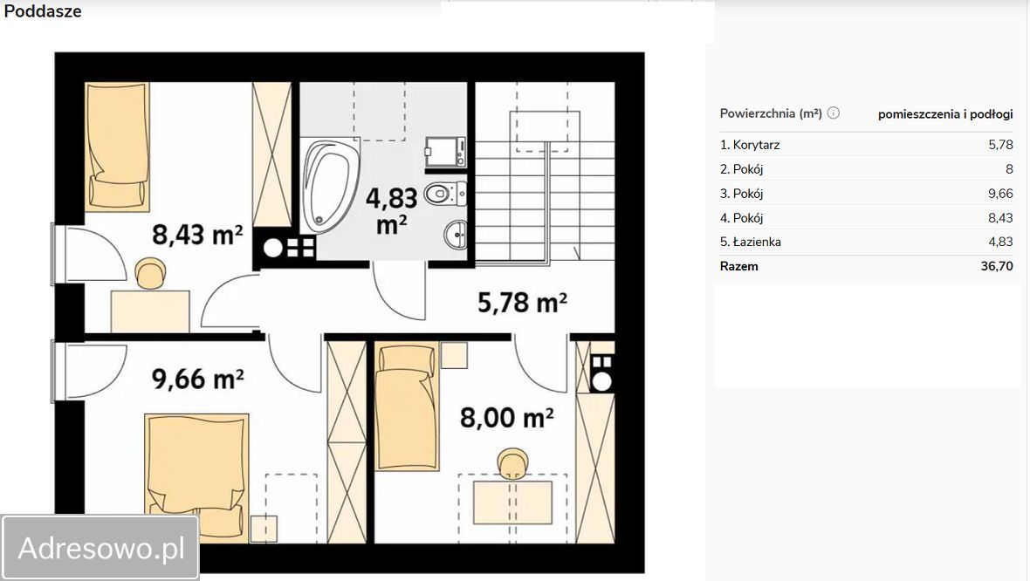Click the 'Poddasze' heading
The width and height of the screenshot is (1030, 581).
click(x=43, y=11)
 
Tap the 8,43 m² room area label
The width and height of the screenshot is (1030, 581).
click(x=198, y=235)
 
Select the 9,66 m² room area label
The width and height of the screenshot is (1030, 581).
click(x=198, y=378)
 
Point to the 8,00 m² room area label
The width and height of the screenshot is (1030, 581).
click(x=506, y=417)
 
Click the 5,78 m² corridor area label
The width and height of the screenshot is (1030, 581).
click(x=522, y=302)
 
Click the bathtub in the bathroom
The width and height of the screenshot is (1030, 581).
click(x=331, y=185)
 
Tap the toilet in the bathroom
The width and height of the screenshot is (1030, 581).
click(x=445, y=194)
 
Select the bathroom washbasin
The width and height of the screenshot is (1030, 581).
click(x=456, y=235)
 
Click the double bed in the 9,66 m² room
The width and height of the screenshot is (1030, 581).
click(x=196, y=478)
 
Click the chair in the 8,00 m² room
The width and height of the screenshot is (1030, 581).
click(x=512, y=463)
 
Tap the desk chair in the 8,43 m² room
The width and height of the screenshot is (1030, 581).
click(x=150, y=273)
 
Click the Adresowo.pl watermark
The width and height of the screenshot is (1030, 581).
click(x=100, y=548)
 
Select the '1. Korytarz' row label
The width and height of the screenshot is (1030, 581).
click(x=750, y=145)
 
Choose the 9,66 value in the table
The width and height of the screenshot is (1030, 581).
click(x=1000, y=193)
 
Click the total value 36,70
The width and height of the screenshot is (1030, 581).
click(x=997, y=266)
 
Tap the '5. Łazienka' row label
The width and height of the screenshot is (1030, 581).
click(x=750, y=242)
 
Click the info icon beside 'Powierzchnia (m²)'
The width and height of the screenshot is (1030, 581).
click(x=834, y=113)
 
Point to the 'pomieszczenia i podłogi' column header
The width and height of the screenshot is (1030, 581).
click(x=945, y=114)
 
